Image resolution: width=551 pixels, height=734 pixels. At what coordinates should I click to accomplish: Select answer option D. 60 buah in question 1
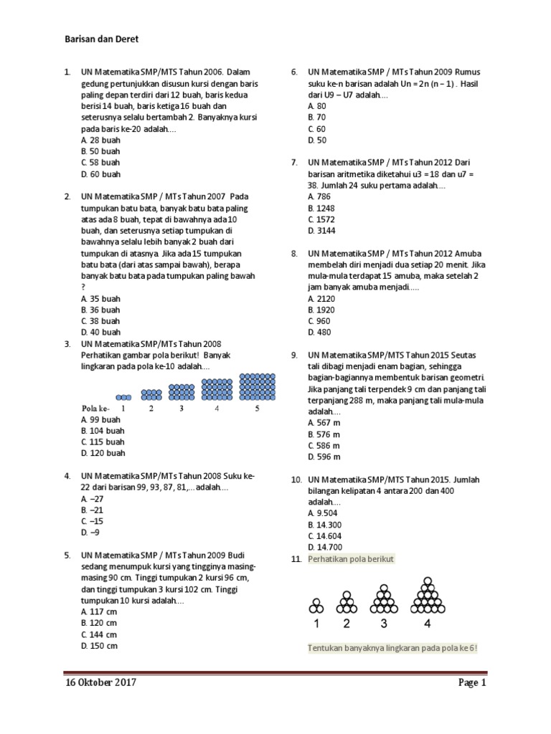(101, 174)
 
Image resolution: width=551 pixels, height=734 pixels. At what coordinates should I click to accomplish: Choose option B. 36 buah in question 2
(101, 310)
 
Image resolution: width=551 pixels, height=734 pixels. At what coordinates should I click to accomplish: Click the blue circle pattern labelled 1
(123, 396)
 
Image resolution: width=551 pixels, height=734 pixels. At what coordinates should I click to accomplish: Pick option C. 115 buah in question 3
(103, 442)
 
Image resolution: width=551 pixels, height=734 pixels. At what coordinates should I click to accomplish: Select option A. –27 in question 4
(93, 499)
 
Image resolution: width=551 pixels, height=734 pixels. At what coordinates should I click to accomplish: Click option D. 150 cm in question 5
(100, 646)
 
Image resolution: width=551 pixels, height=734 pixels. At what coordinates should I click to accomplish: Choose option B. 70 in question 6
(316, 118)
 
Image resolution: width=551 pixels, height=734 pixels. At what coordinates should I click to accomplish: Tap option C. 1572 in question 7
(321, 219)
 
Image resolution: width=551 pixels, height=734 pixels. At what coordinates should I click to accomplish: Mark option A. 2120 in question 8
(321, 298)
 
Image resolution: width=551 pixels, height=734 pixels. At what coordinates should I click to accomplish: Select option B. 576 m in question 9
(324, 434)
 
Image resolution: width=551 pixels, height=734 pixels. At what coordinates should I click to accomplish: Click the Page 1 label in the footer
(472, 682)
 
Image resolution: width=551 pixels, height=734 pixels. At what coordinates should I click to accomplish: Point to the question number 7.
(294, 163)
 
